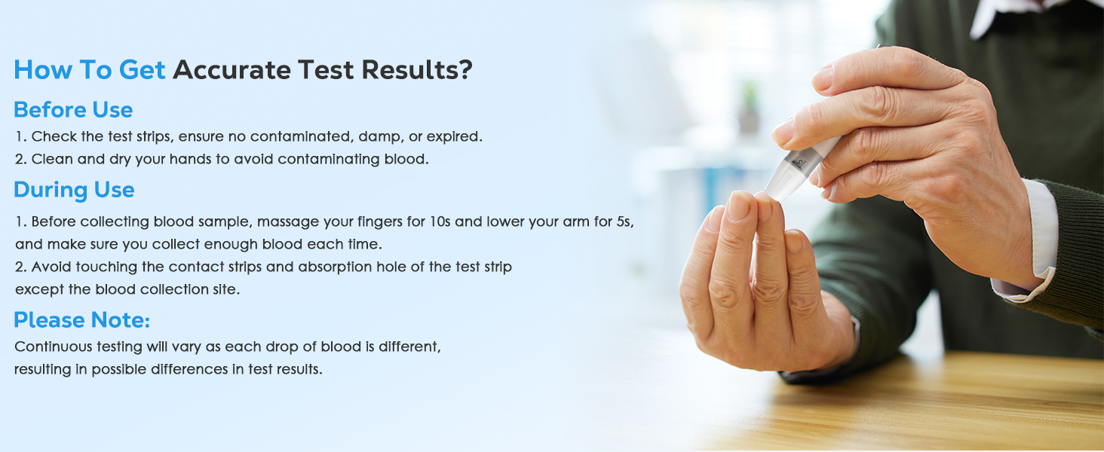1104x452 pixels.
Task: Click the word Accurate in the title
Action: click(232, 70)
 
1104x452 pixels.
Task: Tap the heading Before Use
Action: click(73, 110)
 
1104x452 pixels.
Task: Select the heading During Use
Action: click(74, 190)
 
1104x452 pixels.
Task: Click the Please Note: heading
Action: click(82, 320)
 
